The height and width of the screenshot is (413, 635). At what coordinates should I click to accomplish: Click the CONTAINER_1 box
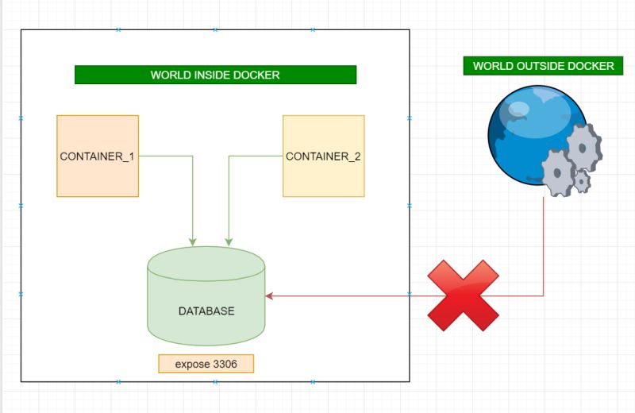(98, 156)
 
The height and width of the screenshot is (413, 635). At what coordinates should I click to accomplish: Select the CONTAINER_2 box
(323, 156)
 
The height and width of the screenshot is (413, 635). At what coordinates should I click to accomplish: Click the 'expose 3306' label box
(206, 364)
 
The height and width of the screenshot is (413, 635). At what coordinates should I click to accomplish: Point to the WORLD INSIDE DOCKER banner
(215, 75)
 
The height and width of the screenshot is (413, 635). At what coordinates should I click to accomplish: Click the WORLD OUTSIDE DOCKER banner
(543, 66)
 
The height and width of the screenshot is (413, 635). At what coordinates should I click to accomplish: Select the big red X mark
(464, 295)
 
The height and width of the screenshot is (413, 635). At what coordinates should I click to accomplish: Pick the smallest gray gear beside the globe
(582, 182)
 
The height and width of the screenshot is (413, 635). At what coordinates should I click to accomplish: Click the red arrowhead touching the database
(269, 295)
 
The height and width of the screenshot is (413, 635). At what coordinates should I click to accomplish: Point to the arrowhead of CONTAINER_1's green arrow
(192, 241)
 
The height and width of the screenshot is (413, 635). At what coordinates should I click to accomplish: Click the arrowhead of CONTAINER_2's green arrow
(229, 241)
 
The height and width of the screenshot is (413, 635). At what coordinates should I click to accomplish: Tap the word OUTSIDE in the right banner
(542, 66)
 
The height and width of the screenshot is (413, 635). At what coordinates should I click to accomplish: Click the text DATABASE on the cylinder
(206, 311)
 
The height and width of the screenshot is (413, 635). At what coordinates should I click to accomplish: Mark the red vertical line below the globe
(544, 246)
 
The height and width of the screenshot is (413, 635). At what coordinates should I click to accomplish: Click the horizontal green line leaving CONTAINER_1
(165, 156)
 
